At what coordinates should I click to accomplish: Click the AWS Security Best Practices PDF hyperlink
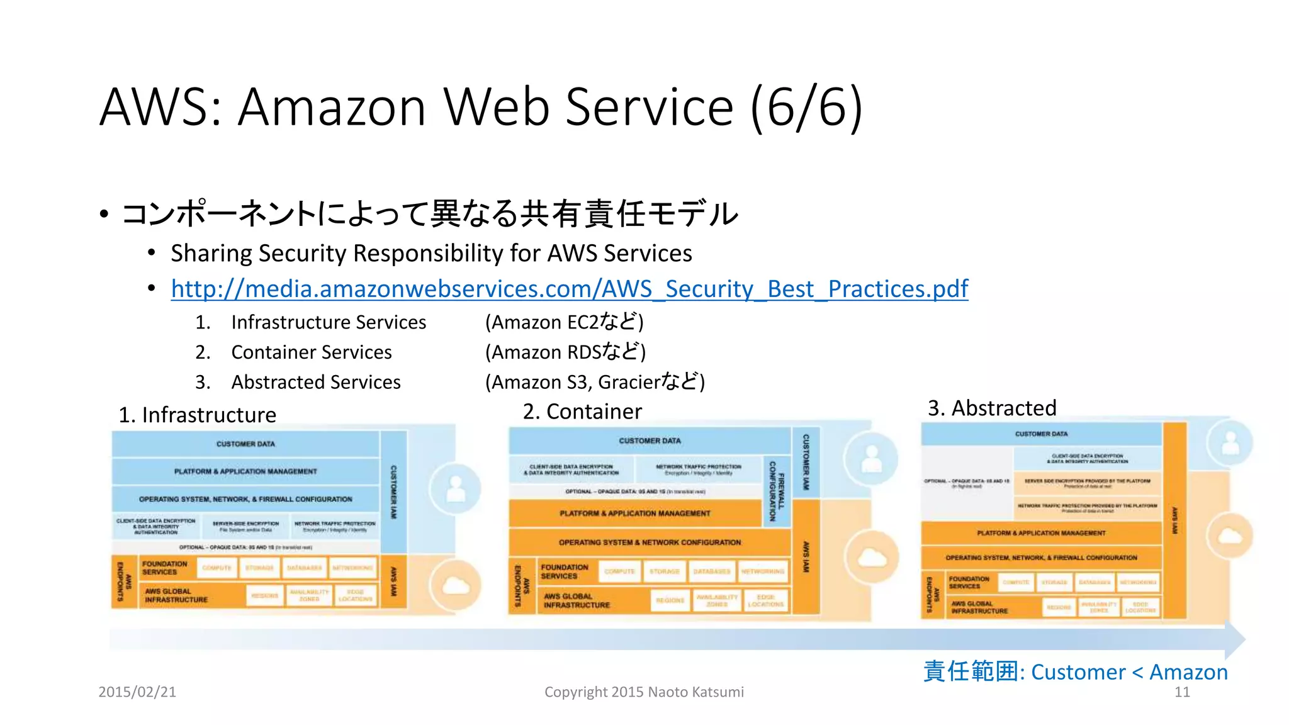pyautogui.click(x=569, y=289)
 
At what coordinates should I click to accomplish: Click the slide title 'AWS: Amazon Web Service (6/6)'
pyautogui.click(x=481, y=106)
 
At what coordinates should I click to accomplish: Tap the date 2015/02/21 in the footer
pyautogui.click(x=137, y=692)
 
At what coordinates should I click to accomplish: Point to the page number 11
pyautogui.click(x=1182, y=692)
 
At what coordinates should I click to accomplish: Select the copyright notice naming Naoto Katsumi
pyautogui.click(x=644, y=692)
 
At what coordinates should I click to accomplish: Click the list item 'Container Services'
pyautogui.click(x=311, y=352)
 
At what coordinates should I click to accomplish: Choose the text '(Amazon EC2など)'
pyautogui.click(x=564, y=322)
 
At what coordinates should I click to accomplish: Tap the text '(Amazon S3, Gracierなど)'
pyautogui.click(x=595, y=382)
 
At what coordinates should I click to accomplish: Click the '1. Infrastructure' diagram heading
pyautogui.click(x=197, y=415)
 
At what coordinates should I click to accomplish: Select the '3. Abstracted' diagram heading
pyautogui.click(x=992, y=408)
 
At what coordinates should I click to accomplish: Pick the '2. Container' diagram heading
pyautogui.click(x=582, y=411)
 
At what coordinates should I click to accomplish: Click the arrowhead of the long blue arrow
pyautogui.click(x=1235, y=638)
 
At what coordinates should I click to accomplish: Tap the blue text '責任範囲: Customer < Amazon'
pyautogui.click(x=1075, y=672)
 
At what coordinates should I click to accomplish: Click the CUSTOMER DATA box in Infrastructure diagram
pyautogui.click(x=245, y=444)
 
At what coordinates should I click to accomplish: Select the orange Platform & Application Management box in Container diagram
pyautogui.click(x=634, y=513)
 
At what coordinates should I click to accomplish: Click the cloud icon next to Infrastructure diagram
pyautogui.click(x=456, y=586)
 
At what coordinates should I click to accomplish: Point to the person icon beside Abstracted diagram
pyautogui.click(x=1230, y=444)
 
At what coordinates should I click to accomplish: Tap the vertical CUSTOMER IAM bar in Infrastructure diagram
pyautogui.click(x=393, y=491)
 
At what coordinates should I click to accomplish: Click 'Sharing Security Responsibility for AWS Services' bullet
pyautogui.click(x=431, y=254)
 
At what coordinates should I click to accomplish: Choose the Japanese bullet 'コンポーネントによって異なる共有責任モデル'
pyautogui.click(x=429, y=214)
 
